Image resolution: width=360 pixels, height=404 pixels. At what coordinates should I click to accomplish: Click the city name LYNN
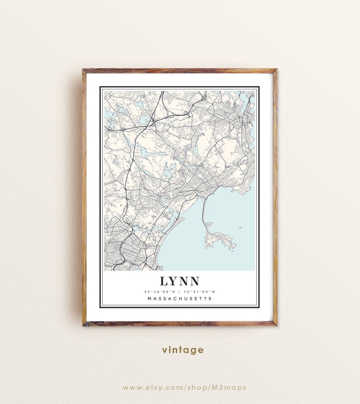[180, 281]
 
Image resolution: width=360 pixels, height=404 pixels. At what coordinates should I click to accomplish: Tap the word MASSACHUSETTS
[180, 298]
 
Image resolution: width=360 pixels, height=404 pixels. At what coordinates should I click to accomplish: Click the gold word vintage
[183, 350]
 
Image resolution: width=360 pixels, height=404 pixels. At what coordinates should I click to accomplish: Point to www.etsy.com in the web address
[147, 387]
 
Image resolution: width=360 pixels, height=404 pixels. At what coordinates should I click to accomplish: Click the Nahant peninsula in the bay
[221, 239]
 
